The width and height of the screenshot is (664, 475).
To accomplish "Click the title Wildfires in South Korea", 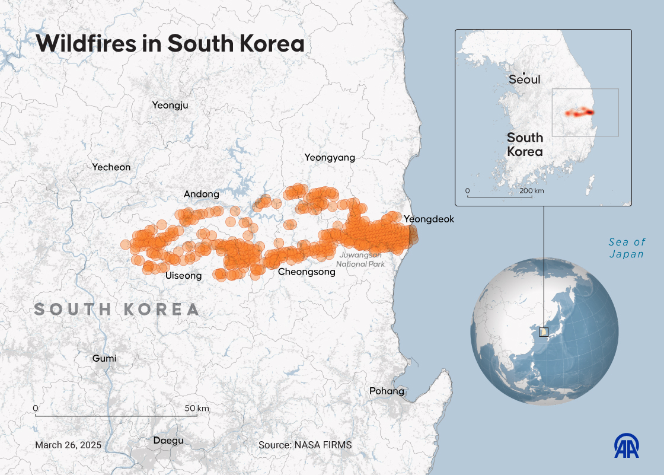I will point(170,44).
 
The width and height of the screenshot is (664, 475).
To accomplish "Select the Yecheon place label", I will point(111,167).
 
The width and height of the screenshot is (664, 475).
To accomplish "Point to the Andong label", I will point(201,194).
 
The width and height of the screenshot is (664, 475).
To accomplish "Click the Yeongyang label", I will point(330,158).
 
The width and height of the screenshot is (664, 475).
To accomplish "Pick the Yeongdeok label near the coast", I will point(429,219).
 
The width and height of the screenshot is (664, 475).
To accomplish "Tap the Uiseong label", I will point(183,276).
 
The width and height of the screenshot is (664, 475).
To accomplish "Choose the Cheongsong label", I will point(307,272).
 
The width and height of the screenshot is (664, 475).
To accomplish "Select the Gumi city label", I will point(104,358).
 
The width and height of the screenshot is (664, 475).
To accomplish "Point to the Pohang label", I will point(387,391).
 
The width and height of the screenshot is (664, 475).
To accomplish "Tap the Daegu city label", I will point(168,441).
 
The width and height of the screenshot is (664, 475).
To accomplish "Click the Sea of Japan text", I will point(626,248).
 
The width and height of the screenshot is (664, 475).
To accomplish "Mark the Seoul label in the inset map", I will point(525,79).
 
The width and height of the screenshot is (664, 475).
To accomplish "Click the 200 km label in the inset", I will point(531,191).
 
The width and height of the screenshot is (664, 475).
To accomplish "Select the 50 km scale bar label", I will point(196,409).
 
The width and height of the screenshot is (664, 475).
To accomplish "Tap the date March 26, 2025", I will point(68,445).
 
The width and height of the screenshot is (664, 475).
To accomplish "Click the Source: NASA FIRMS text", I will point(305,445).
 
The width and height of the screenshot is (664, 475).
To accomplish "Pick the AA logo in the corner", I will point(627,446).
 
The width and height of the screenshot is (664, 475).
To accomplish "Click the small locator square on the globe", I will point(544,332).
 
